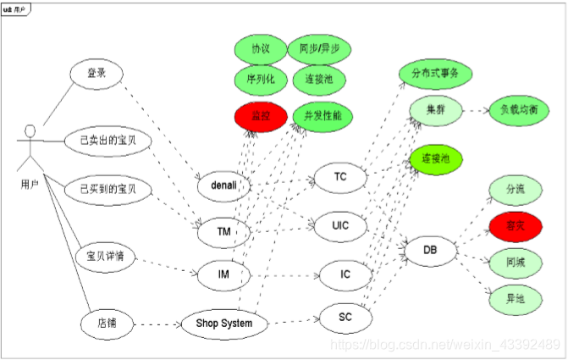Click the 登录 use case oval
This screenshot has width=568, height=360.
97,74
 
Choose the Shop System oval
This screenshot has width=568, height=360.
224,324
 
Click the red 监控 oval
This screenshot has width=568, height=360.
256,115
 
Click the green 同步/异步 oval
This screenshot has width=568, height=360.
319,49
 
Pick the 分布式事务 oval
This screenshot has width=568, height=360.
434,74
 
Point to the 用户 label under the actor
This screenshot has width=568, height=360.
30,184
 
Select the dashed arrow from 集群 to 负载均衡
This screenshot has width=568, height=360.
475,110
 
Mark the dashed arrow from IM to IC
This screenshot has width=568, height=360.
284,274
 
